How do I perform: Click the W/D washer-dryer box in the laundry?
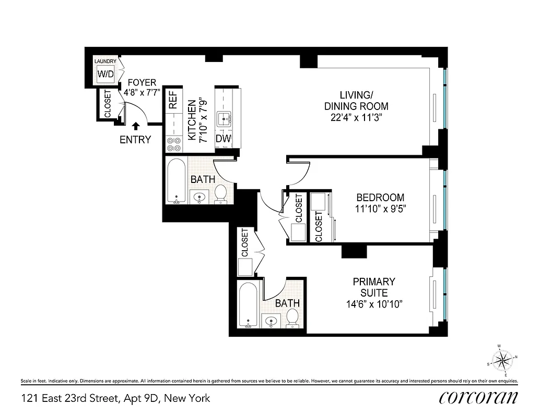click(105, 73)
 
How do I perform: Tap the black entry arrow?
click(136, 125)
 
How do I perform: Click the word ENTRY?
click(135, 140)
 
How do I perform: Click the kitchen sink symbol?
click(227, 119)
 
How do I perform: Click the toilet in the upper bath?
click(220, 193)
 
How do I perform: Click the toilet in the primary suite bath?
click(292, 317)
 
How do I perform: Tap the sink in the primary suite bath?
click(271, 321)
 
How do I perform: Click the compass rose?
click(502, 359)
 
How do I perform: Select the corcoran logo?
click(479, 397)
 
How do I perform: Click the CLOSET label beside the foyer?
click(108, 105)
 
